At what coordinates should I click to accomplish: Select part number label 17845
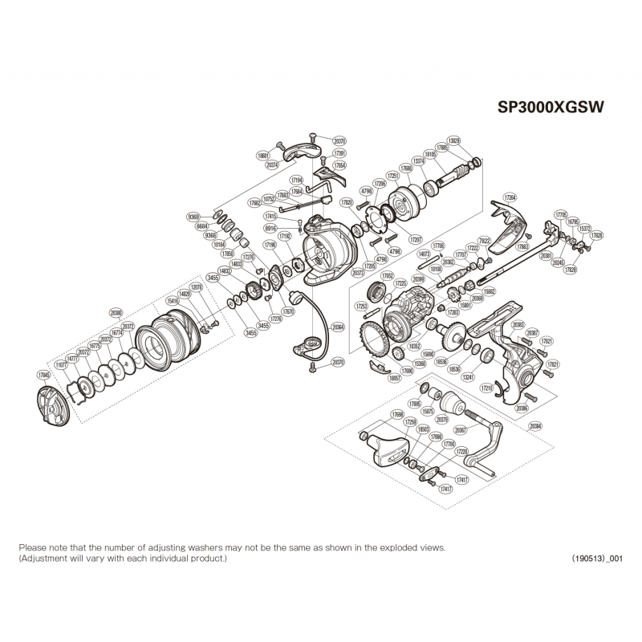pyautogui.click(x=43, y=373)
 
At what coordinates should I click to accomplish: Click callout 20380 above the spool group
pyautogui.click(x=116, y=314)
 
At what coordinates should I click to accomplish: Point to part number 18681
pyautogui.click(x=263, y=155)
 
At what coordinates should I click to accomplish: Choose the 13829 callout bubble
pyautogui.click(x=455, y=140)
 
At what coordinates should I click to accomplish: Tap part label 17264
pyautogui.click(x=510, y=197)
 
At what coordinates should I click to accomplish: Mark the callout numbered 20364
pyautogui.click(x=337, y=327)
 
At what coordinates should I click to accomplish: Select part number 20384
pyautogui.click(x=535, y=425)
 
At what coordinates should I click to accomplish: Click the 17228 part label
pyautogui.click(x=461, y=452)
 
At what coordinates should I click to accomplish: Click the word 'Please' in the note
pyautogui.click(x=33, y=547)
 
